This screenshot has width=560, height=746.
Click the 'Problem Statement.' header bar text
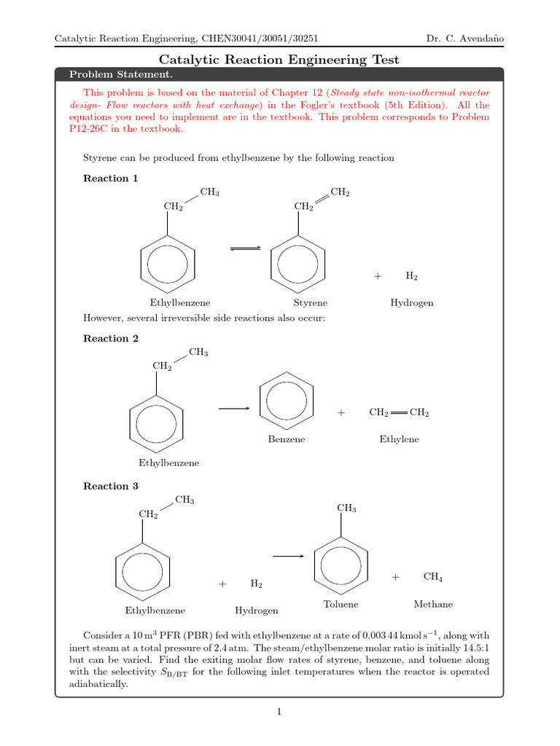click(x=120, y=74)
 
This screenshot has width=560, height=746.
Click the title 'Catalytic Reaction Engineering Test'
click(x=279, y=59)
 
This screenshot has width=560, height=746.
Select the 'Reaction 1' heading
click(x=111, y=178)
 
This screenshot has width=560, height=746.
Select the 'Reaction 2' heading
click(x=111, y=338)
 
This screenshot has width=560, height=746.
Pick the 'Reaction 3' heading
click(x=111, y=486)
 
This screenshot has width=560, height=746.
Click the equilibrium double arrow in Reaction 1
click(x=245, y=249)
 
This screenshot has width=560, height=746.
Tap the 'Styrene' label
click(x=310, y=302)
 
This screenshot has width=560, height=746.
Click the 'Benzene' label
click(x=287, y=439)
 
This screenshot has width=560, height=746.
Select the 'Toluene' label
click(x=341, y=605)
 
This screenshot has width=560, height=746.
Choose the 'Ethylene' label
click(x=399, y=439)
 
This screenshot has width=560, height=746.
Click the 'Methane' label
click(x=433, y=605)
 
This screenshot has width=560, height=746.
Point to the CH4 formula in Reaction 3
click(x=433, y=576)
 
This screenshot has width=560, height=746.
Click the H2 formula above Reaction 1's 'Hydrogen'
click(x=411, y=276)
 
